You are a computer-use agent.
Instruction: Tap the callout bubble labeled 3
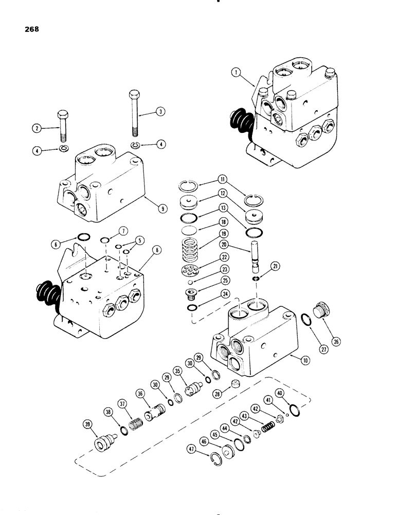[161, 111]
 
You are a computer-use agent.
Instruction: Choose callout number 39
[87, 424]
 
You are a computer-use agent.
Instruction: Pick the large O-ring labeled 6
[84, 236]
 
